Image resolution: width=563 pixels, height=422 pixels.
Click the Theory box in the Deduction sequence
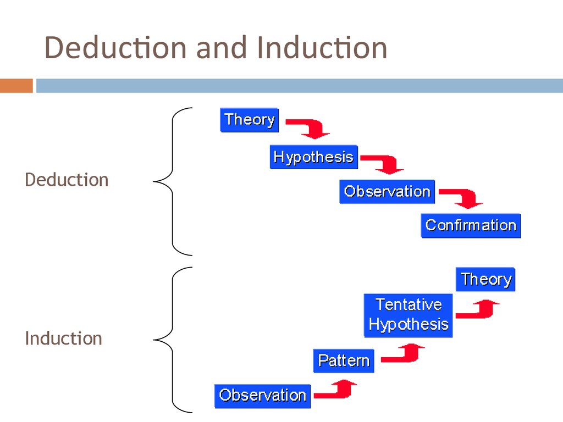(249, 120)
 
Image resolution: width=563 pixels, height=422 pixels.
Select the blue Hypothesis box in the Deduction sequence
(314, 157)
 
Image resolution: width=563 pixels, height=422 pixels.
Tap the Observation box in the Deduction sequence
(387, 192)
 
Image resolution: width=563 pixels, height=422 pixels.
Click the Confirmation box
(471, 226)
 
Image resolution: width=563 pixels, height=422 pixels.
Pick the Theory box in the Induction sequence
(485, 279)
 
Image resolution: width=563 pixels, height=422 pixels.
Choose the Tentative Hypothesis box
(409, 315)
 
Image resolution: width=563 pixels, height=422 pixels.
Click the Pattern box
(344, 360)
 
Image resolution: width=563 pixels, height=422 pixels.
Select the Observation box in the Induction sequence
(262, 396)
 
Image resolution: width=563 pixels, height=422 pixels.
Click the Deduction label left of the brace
(67, 180)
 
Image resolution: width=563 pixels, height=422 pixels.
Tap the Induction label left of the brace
(64, 338)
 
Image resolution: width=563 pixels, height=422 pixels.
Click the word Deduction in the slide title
(115, 47)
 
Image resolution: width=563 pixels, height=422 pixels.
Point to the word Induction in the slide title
(322, 47)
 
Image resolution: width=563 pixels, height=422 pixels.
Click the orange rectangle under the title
(16, 86)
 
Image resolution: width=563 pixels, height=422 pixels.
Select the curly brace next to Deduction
(172, 181)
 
